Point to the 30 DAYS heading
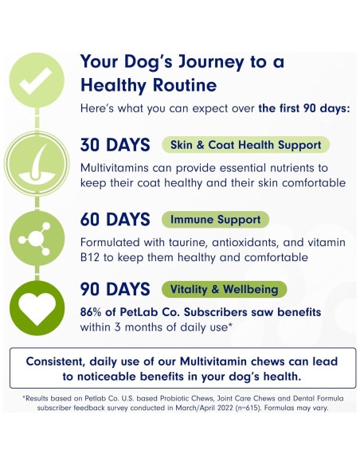(x=115, y=146)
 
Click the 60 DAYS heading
(x=115, y=219)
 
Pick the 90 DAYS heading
(x=115, y=289)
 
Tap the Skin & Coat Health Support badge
(x=245, y=146)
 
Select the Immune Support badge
(x=215, y=219)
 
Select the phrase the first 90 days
(x=306, y=107)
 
